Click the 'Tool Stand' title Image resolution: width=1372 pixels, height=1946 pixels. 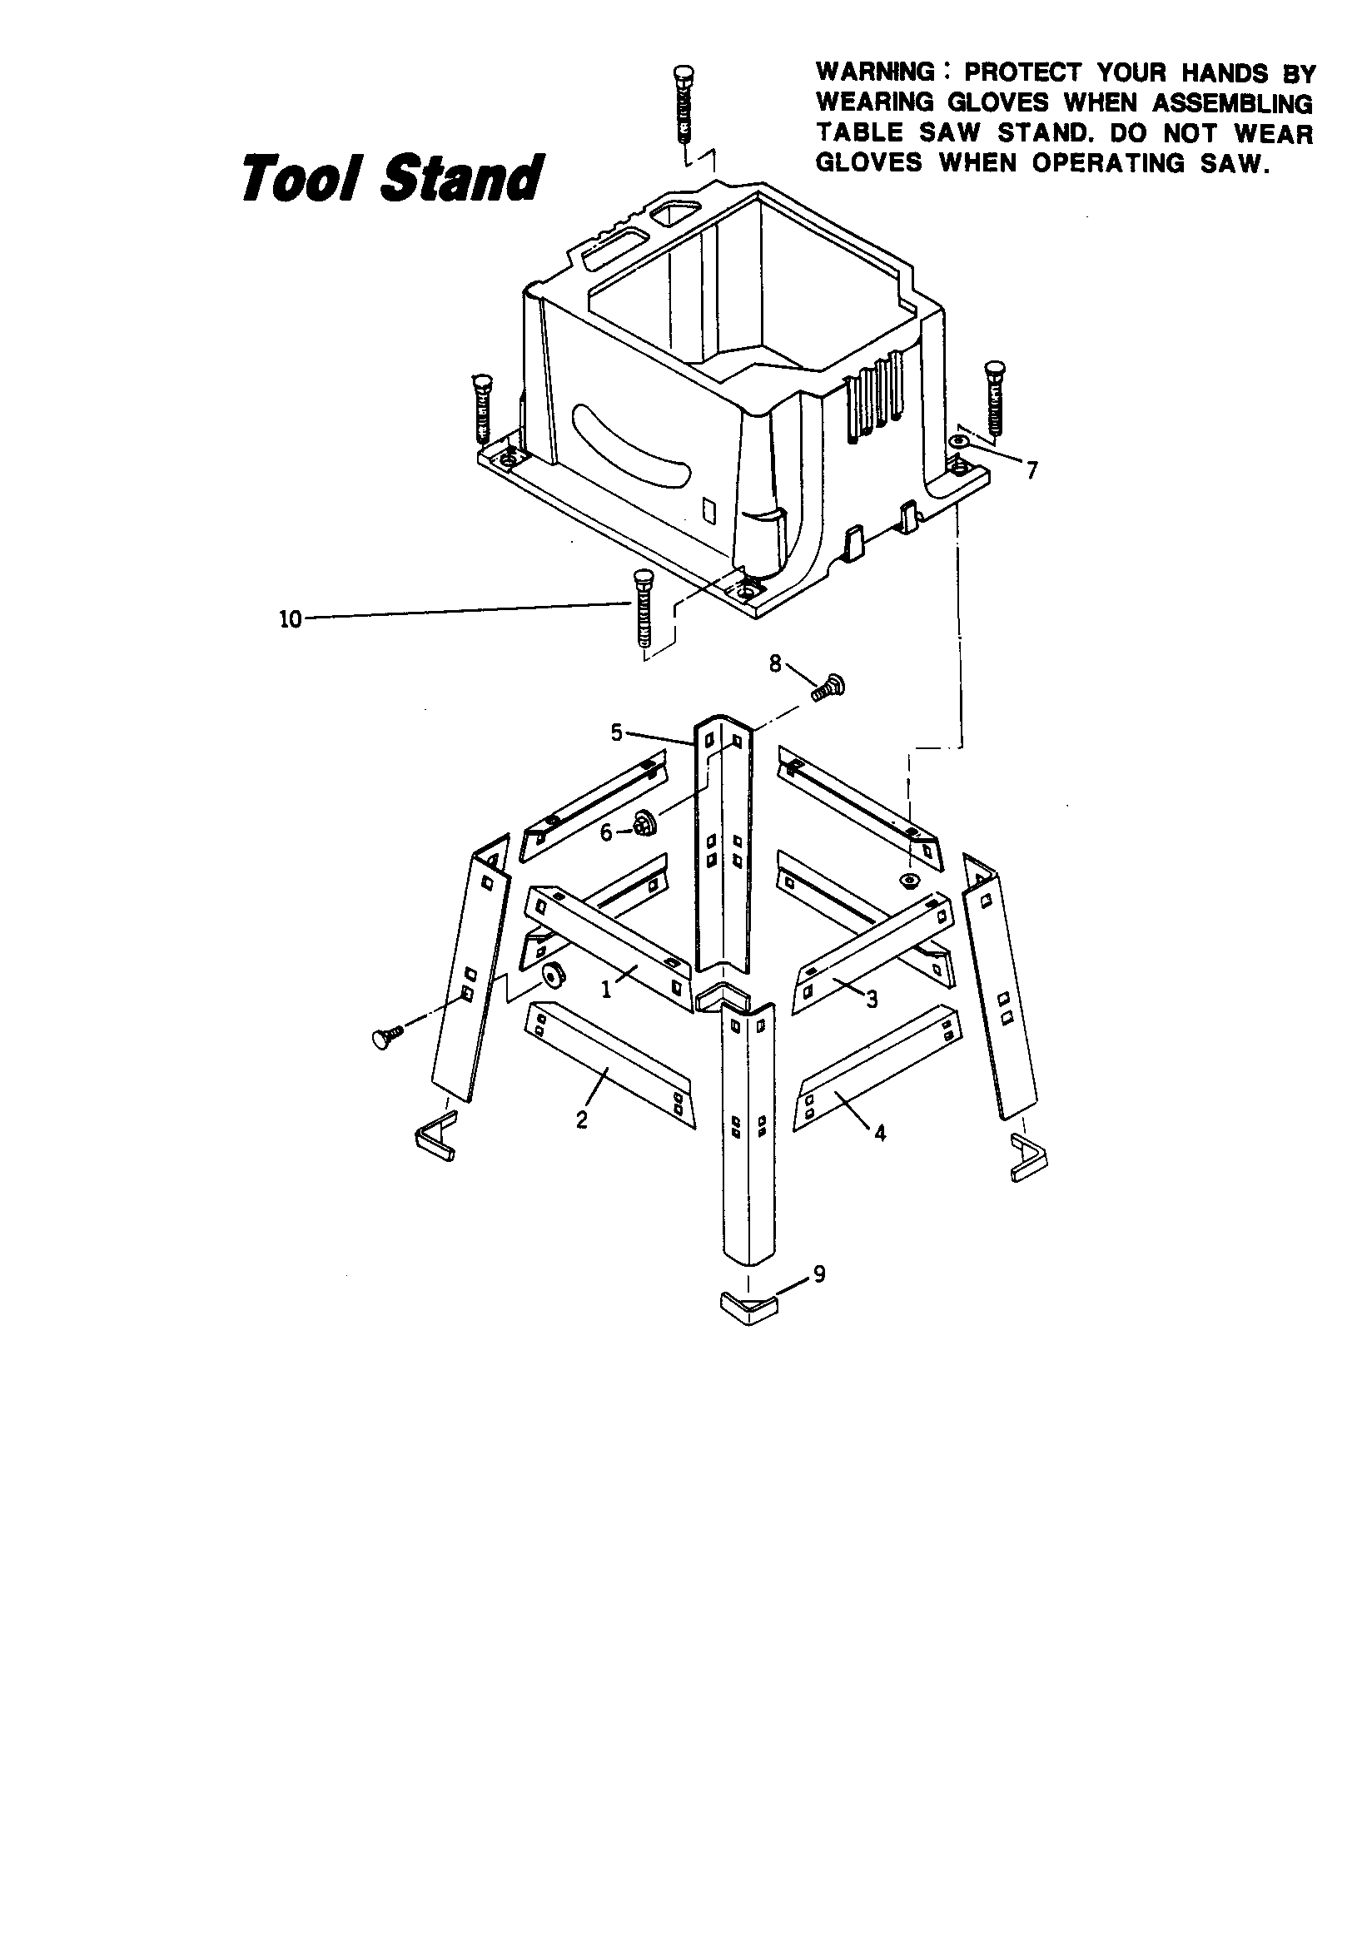point(391,178)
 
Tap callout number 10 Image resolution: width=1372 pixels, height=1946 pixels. point(290,619)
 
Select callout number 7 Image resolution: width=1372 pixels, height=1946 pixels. point(1031,470)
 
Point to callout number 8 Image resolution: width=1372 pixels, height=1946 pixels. point(775,663)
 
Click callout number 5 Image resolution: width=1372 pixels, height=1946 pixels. point(616,732)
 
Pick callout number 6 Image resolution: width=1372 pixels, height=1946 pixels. point(605,832)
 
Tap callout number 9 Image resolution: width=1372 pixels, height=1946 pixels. point(818,1273)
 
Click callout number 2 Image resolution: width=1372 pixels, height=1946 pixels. point(582,1119)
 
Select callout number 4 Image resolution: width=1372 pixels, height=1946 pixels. point(880,1132)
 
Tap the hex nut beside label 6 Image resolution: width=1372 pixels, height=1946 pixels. point(643,822)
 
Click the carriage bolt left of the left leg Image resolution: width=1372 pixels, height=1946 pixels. point(386,1036)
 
